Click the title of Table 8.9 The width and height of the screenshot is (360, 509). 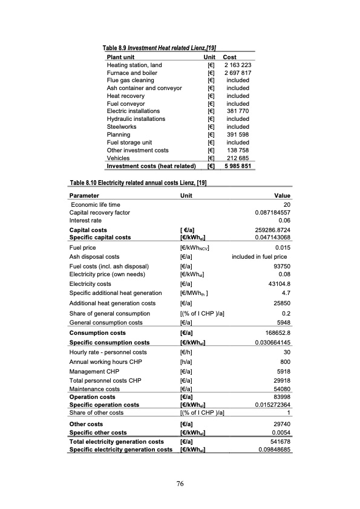(160, 48)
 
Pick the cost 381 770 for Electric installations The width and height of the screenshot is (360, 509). (237, 111)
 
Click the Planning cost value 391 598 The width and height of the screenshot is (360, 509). (237, 135)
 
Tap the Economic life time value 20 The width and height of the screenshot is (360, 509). (287, 205)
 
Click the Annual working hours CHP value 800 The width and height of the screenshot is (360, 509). (286, 361)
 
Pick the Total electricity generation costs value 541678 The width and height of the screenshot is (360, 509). (281, 442)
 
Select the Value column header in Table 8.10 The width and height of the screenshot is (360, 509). (283, 196)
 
